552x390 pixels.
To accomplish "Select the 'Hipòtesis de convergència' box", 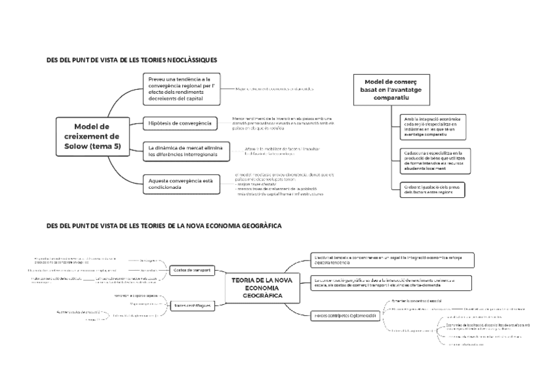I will coord(180,123).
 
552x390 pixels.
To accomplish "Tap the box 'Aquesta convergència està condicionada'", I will coord(180,184).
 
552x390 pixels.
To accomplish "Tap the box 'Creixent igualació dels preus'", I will coord(432,189).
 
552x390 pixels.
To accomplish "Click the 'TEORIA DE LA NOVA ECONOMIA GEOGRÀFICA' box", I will coord(262,287).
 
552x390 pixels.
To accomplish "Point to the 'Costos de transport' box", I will coord(192,270).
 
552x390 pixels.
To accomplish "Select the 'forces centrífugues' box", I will coord(192,304).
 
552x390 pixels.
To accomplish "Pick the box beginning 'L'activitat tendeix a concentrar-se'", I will coord(393,260).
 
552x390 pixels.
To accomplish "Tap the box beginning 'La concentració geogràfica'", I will coord(393,282).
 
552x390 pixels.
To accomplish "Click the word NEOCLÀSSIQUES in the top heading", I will coord(191,60).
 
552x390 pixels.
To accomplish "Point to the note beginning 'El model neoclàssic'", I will coord(284,184).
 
